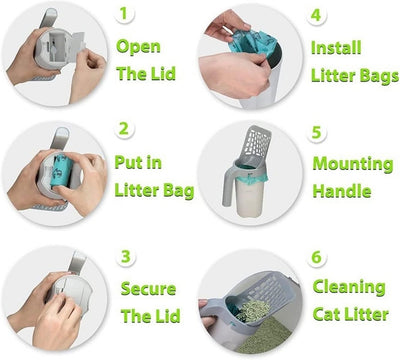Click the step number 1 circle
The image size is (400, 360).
124,15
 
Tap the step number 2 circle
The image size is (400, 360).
124,130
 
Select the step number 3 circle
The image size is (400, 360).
126,257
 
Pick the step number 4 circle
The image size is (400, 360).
316,15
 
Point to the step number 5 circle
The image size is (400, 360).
316,130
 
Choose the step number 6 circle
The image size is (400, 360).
316,257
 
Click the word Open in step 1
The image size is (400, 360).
137,46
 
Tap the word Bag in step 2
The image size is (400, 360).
176,191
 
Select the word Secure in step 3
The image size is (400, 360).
149,289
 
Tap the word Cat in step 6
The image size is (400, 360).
328,316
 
